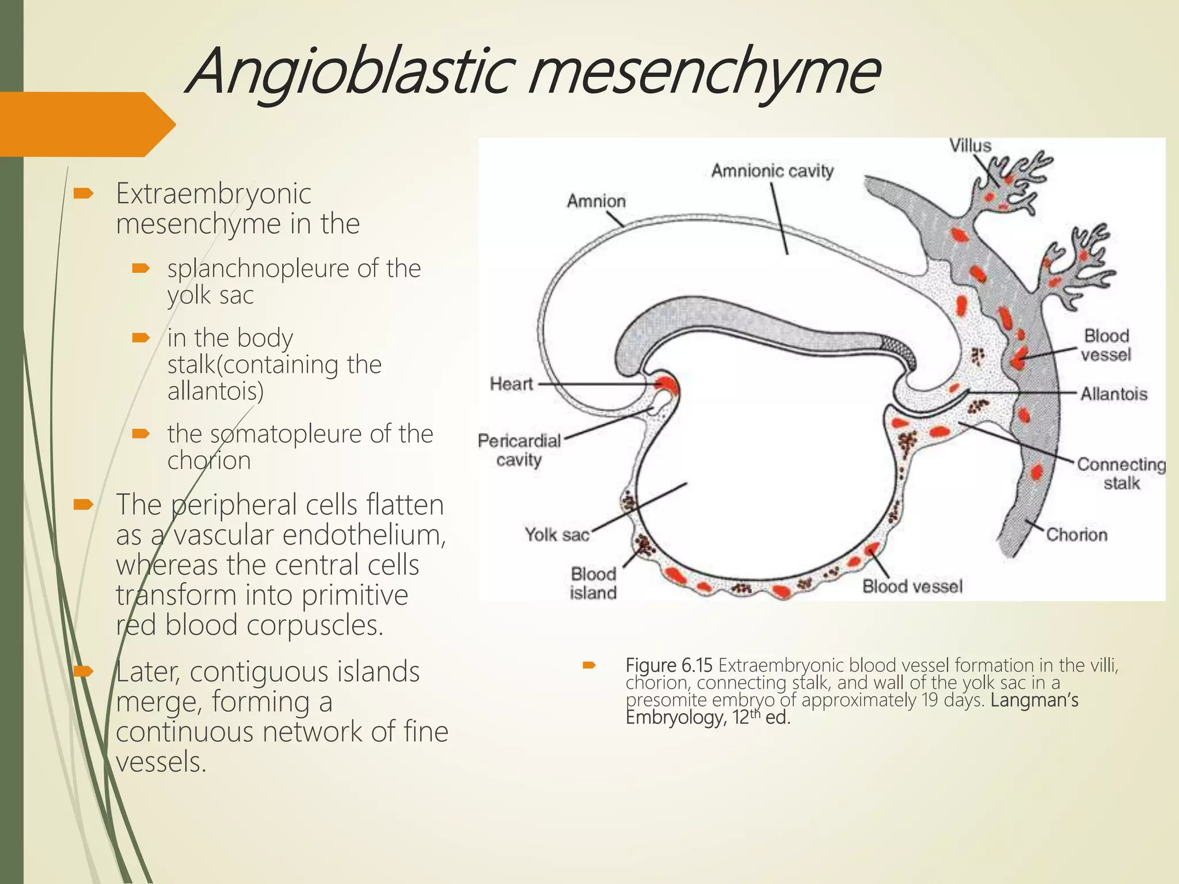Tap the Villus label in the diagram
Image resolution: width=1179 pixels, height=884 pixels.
coord(970,146)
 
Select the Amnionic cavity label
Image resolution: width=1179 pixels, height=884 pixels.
coord(772,171)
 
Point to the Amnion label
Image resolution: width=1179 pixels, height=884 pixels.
coord(596,201)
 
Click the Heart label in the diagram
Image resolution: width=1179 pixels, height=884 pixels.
coord(511,383)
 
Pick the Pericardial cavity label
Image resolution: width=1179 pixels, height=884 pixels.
coord(519,450)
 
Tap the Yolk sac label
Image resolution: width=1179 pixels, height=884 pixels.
coord(557,535)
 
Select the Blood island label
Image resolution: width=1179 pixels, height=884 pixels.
coord(593,583)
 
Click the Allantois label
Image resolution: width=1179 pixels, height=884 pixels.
coord(1113,394)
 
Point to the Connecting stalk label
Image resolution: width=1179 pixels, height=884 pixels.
coord(1121,473)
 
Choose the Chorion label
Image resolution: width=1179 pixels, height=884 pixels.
coord(1077,535)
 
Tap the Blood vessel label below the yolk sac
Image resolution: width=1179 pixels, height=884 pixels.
coord(912,586)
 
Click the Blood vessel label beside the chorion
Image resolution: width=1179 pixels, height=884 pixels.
coord(1106,345)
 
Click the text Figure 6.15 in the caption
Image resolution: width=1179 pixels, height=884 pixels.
coord(669,665)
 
